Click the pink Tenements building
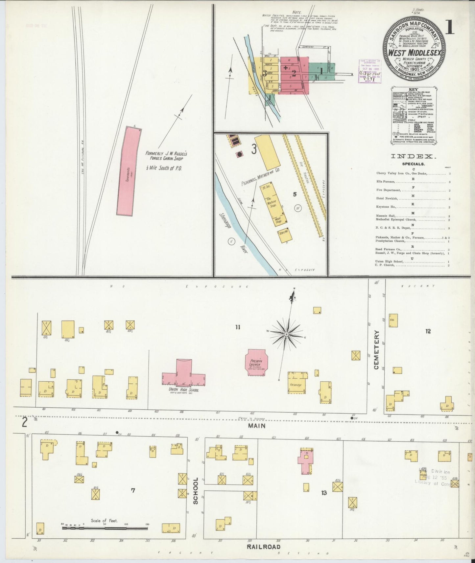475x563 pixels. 129,171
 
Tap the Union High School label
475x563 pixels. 183,390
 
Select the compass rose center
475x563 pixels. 286,334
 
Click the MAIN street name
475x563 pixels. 257,426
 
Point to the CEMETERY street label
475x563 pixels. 376,350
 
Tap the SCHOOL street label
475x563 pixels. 196,491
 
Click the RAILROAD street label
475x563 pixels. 264,547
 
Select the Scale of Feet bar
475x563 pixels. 105,529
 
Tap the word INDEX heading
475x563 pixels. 413,157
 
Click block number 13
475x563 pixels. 324,493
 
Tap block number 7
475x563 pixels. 133,491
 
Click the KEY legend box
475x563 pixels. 413,115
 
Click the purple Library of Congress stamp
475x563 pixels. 369,71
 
